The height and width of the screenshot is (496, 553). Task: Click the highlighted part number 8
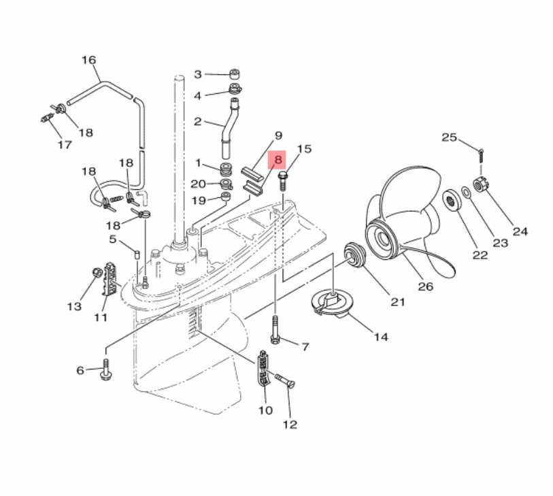coord(278,160)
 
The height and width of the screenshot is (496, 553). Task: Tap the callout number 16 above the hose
coord(89,60)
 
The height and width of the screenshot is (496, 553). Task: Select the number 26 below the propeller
coord(425,286)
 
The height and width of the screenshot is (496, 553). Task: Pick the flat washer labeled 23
coord(466,193)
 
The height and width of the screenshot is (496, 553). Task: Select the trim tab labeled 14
coord(330,301)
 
